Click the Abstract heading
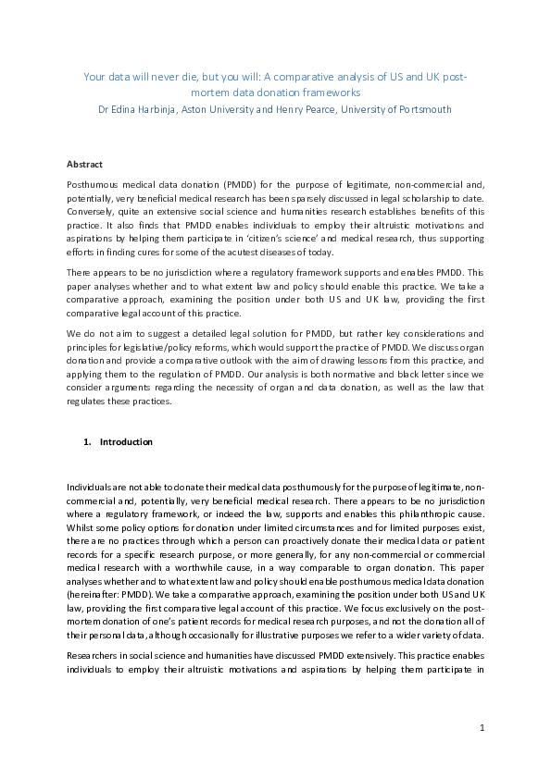point(84,164)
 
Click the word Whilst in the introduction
point(81,526)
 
